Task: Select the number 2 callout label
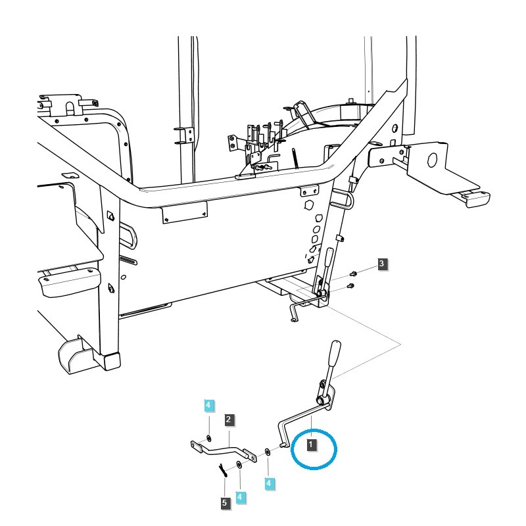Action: (228, 419)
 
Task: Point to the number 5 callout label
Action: (226, 503)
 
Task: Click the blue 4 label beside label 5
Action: (241, 497)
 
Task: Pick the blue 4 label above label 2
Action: (208, 406)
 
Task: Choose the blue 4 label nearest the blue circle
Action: (269, 483)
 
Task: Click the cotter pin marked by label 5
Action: (224, 469)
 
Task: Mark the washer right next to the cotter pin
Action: (239, 466)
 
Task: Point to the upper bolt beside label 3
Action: (353, 272)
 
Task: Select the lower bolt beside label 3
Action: (350, 285)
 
